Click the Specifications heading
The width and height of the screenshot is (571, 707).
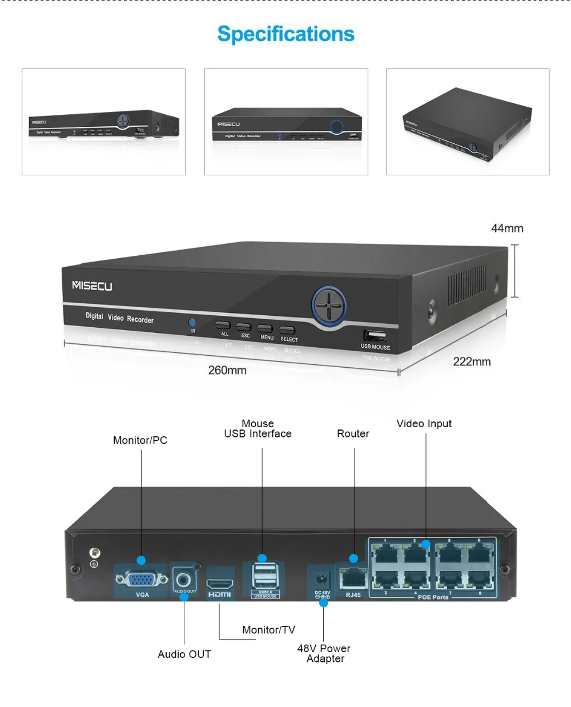tap(285, 34)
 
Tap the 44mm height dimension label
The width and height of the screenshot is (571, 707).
tap(507, 228)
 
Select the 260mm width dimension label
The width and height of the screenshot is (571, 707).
tap(227, 370)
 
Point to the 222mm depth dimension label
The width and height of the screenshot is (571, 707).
tap(472, 361)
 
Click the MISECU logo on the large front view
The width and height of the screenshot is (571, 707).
tap(92, 286)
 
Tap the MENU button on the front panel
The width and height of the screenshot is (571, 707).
tap(264, 328)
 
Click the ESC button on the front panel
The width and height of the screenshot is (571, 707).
tap(243, 327)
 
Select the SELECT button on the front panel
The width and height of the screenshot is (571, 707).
tap(287, 330)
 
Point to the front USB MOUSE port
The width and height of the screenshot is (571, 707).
tap(375, 336)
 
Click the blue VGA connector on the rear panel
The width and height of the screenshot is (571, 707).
tap(142, 580)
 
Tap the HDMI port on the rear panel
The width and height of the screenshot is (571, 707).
tap(219, 584)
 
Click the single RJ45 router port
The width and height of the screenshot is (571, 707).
tap(353, 579)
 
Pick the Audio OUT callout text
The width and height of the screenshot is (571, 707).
tap(184, 654)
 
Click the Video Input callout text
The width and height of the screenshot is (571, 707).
tap(424, 424)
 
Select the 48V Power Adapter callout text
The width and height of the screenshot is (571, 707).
tap(324, 653)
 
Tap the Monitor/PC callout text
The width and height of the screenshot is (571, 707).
tap(140, 440)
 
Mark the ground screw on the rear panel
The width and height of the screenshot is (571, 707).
tap(95, 553)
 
